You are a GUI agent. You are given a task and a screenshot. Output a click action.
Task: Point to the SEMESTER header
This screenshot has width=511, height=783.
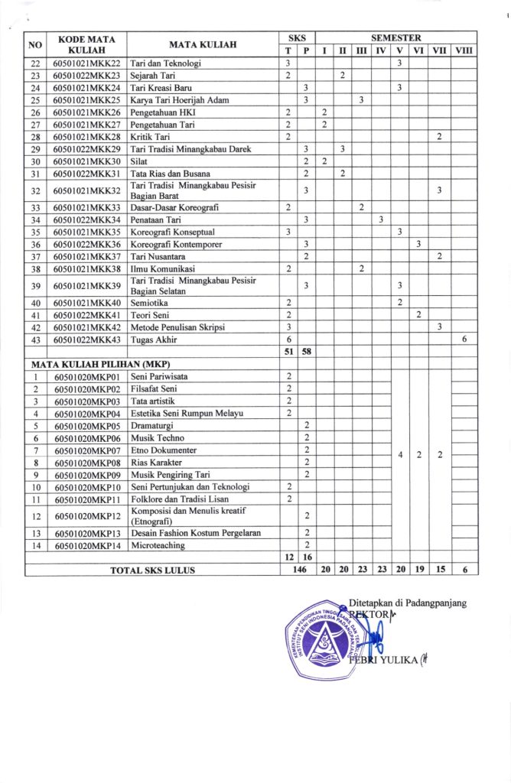[395, 37]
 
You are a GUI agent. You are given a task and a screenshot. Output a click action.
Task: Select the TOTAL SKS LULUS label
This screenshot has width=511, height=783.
[152, 570]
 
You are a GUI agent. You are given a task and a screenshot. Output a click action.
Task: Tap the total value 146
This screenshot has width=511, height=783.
[296, 570]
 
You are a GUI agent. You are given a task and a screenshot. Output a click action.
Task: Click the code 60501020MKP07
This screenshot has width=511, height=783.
[88, 450]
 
